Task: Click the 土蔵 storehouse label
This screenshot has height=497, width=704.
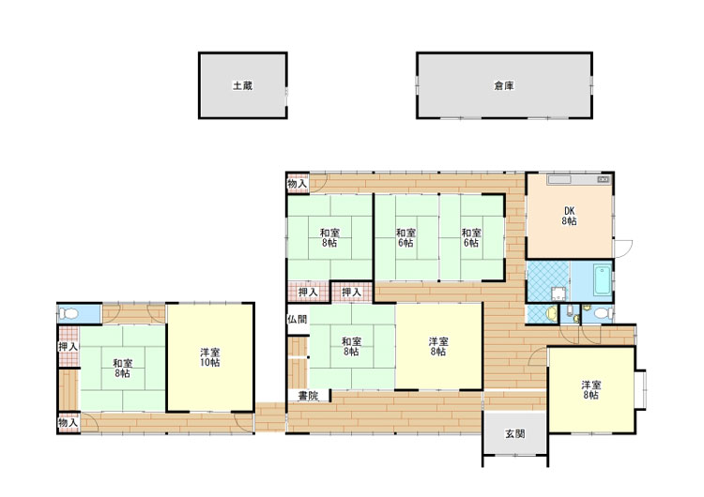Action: (x=242, y=85)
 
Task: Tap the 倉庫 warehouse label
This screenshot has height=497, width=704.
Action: (x=504, y=85)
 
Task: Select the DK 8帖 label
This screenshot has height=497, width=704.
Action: (x=569, y=216)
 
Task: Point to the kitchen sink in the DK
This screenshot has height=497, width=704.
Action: (x=559, y=180)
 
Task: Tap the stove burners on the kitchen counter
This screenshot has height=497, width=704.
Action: (x=603, y=180)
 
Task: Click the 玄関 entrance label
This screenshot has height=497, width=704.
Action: (x=514, y=434)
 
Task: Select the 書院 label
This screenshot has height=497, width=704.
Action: (x=309, y=396)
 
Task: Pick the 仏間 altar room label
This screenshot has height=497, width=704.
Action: (x=298, y=319)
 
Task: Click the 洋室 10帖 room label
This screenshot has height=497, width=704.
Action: (x=209, y=357)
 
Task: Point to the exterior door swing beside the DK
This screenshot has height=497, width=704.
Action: (x=623, y=248)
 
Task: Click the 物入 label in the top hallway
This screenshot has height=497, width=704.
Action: (x=298, y=184)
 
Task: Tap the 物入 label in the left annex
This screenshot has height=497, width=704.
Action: (x=68, y=423)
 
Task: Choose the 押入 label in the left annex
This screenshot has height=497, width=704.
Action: (x=68, y=346)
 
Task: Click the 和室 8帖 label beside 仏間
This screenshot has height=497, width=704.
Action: (x=351, y=346)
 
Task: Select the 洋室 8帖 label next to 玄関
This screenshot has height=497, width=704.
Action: (x=591, y=390)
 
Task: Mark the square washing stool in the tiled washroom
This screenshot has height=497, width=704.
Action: (x=559, y=294)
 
